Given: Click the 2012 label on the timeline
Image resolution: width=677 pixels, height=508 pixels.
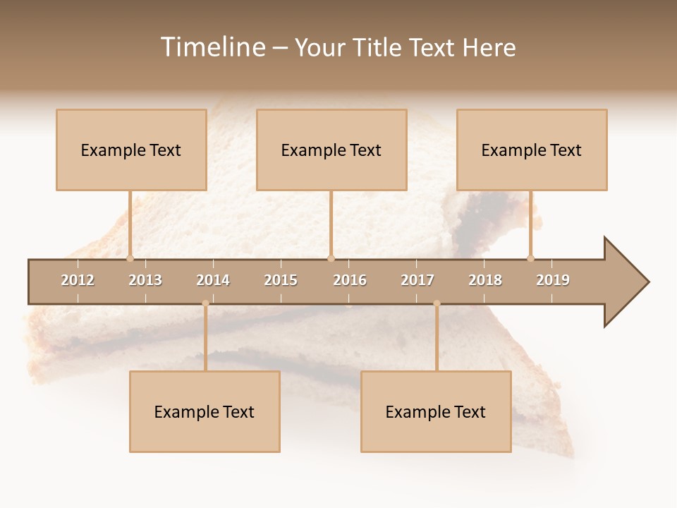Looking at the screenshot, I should [x=78, y=280].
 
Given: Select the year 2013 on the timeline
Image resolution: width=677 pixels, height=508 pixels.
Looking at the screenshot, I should [x=145, y=280].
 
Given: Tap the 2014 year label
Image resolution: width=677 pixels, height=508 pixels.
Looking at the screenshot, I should [x=213, y=280].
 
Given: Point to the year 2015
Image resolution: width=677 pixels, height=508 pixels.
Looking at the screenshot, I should [x=281, y=280].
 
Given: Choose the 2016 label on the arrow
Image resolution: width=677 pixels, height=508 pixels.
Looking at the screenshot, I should [x=350, y=280].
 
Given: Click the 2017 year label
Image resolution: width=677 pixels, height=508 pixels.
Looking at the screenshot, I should [x=417, y=280].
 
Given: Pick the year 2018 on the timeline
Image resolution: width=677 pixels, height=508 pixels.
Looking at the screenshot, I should [x=485, y=280].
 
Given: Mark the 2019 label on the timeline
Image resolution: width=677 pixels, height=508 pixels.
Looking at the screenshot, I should [x=553, y=280].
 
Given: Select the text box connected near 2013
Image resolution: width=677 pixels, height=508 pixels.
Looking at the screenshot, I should [x=131, y=150].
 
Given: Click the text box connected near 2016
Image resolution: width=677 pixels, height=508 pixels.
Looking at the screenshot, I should [x=331, y=150].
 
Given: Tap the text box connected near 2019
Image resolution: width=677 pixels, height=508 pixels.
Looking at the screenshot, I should [x=532, y=150].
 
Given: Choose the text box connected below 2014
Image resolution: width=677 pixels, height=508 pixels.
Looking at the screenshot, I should [x=205, y=411].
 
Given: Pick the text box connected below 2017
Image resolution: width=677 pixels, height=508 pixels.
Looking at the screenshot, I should [x=436, y=411].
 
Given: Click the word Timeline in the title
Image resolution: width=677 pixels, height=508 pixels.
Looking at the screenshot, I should [x=212, y=47].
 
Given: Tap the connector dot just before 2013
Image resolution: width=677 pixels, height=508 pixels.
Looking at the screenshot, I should [x=130, y=258].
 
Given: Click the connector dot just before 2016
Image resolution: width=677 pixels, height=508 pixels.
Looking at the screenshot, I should [x=331, y=258].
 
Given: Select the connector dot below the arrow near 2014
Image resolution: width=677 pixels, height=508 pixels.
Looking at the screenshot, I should [x=205, y=303].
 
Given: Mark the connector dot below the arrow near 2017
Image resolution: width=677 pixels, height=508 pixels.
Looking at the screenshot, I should [x=437, y=303].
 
